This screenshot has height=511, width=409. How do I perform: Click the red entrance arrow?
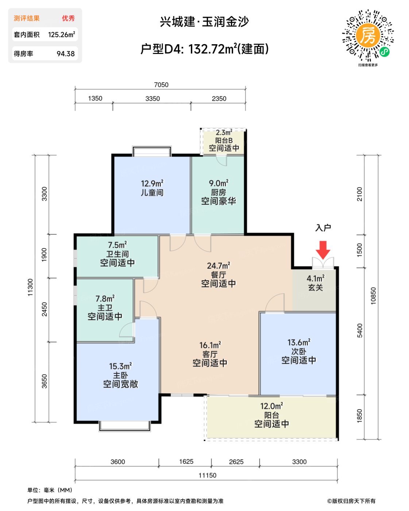coord(323,250)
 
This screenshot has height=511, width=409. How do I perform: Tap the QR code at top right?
coord(367,36)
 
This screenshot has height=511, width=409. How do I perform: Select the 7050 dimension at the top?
coord(161,85)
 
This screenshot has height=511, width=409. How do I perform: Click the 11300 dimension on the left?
coord(30,287)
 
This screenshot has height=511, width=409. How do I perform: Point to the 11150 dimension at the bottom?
coord(207,475)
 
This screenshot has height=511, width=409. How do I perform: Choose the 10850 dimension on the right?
coord(373,296)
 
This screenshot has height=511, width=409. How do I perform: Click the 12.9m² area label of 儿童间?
coord(152,184)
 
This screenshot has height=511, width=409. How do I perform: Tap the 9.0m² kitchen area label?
coord(219,183)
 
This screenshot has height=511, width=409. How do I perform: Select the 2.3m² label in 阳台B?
coord(224,132)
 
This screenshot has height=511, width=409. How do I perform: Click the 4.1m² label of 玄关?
coord(316,278)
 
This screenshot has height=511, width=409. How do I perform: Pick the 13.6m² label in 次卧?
coord(299,342)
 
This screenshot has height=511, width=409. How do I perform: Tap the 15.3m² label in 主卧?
coord(120,366)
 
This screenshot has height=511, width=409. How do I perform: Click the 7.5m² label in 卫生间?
coord(117,245)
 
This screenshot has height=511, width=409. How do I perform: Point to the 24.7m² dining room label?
coord(219,266)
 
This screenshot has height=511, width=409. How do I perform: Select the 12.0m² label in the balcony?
coord(271,406)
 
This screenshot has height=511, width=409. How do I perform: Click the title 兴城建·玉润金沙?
coord(204,22)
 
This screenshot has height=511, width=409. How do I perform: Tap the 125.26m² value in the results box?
coord(62,35)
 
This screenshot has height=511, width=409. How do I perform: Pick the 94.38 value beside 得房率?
coord(66,54)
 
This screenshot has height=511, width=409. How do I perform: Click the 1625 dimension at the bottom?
coord(186,462)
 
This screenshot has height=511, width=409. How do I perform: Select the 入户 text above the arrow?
coord(323,228)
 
